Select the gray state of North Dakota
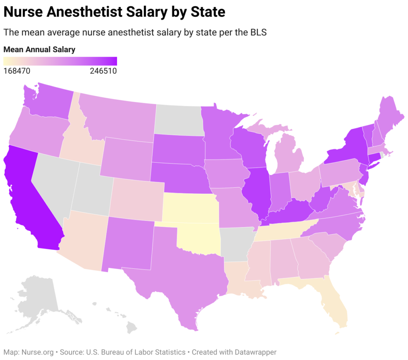[x=179, y=120]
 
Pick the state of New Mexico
[x=127, y=243]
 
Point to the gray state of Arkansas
[x=237, y=243]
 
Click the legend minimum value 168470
[x=17, y=71]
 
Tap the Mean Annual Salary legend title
[x=39, y=50]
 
